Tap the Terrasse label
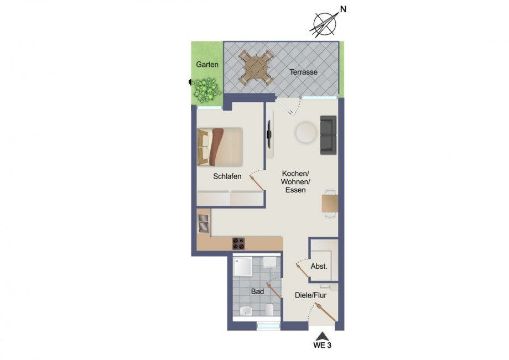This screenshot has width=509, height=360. click(303, 72)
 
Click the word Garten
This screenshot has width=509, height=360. click(207, 65)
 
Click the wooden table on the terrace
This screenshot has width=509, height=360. click(256, 69)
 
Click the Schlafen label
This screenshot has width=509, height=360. click(227, 177)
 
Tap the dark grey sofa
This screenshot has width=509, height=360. click(328, 135)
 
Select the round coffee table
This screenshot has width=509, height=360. click(305, 133)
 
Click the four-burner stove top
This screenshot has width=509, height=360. click(238, 243)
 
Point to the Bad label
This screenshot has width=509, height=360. click(257, 291)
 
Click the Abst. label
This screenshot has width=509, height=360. click(319, 266)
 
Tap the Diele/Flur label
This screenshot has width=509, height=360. click(310, 296)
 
